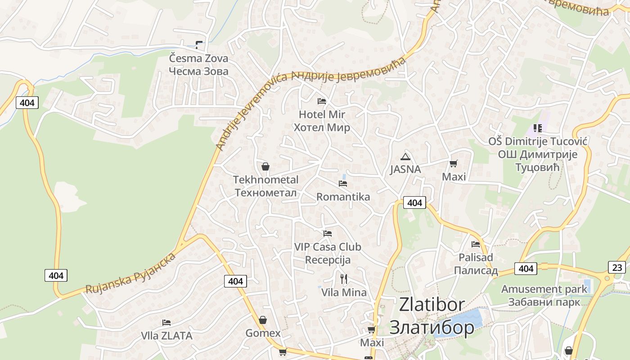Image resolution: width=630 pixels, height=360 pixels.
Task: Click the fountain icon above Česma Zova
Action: [199, 45]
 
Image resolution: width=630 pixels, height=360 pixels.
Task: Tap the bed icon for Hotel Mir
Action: [321, 101]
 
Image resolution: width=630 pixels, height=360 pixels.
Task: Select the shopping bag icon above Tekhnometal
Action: [265, 166]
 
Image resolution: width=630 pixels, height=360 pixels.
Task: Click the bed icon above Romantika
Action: [343, 184]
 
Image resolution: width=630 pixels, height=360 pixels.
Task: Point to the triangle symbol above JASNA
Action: [405, 157]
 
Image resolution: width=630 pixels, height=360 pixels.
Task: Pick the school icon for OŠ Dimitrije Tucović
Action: [537, 128]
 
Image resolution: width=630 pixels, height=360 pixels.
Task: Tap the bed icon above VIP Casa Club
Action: [328, 234]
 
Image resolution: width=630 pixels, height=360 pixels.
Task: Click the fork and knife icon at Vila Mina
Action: [344, 279]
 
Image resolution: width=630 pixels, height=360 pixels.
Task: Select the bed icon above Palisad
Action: [476, 244]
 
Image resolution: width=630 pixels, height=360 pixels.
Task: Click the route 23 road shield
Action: [617, 267]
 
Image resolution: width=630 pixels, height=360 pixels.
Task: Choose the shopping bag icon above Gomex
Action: [263, 320]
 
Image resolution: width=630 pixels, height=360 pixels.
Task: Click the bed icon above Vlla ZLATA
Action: [166, 323]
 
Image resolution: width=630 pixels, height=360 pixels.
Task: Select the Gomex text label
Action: [263, 333]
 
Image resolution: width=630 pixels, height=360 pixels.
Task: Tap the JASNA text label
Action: [405, 170]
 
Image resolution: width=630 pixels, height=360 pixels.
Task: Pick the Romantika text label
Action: [343, 197]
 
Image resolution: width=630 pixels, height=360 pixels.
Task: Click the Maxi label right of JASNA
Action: [454, 177]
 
